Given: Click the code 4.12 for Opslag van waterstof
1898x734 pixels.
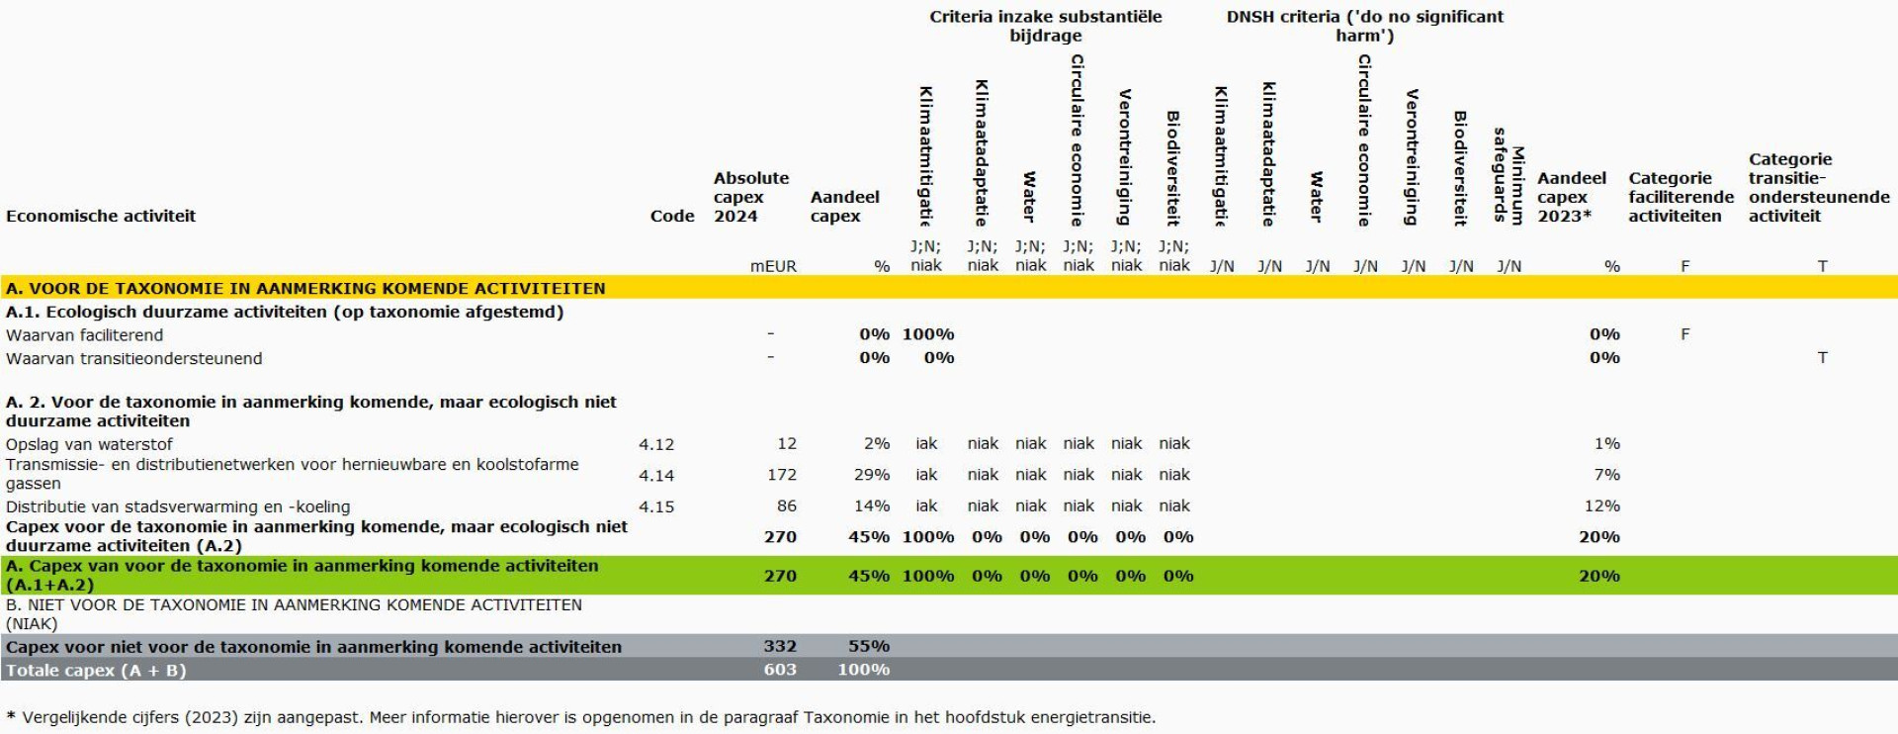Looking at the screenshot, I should tap(656, 444).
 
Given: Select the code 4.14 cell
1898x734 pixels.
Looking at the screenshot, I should tap(656, 476).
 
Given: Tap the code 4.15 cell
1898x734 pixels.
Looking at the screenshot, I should tap(656, 506).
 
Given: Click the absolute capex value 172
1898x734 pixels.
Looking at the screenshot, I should tap(781, 475).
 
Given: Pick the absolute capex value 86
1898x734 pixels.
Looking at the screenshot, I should tap(786, 505).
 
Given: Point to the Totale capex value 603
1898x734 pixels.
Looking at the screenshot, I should tap(779, 670).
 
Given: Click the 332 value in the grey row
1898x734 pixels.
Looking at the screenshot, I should tap(779, 646).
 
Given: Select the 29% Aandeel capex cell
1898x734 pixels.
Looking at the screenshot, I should tap(871, 475).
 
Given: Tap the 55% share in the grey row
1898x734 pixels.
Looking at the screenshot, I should tap(868, 646).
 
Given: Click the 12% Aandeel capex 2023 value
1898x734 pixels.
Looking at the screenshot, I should tap(1601, 505).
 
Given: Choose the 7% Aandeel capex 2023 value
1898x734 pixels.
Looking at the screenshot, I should tap(1606, 475).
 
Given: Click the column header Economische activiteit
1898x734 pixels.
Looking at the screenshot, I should tap(101, 216).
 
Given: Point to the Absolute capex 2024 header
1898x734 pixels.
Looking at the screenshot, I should tap(750, 197).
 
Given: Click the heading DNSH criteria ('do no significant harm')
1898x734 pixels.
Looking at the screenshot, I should tap(1364, 26).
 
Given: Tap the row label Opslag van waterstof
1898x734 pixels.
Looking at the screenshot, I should tap(89, 444).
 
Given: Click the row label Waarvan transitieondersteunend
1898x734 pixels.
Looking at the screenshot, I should tap(133, 358).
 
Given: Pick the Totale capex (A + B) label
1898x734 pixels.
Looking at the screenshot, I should tap(96, 670).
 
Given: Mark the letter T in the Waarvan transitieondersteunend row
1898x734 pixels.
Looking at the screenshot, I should tap(1822, 357).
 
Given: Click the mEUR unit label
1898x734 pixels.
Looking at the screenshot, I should tap(773, 266).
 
